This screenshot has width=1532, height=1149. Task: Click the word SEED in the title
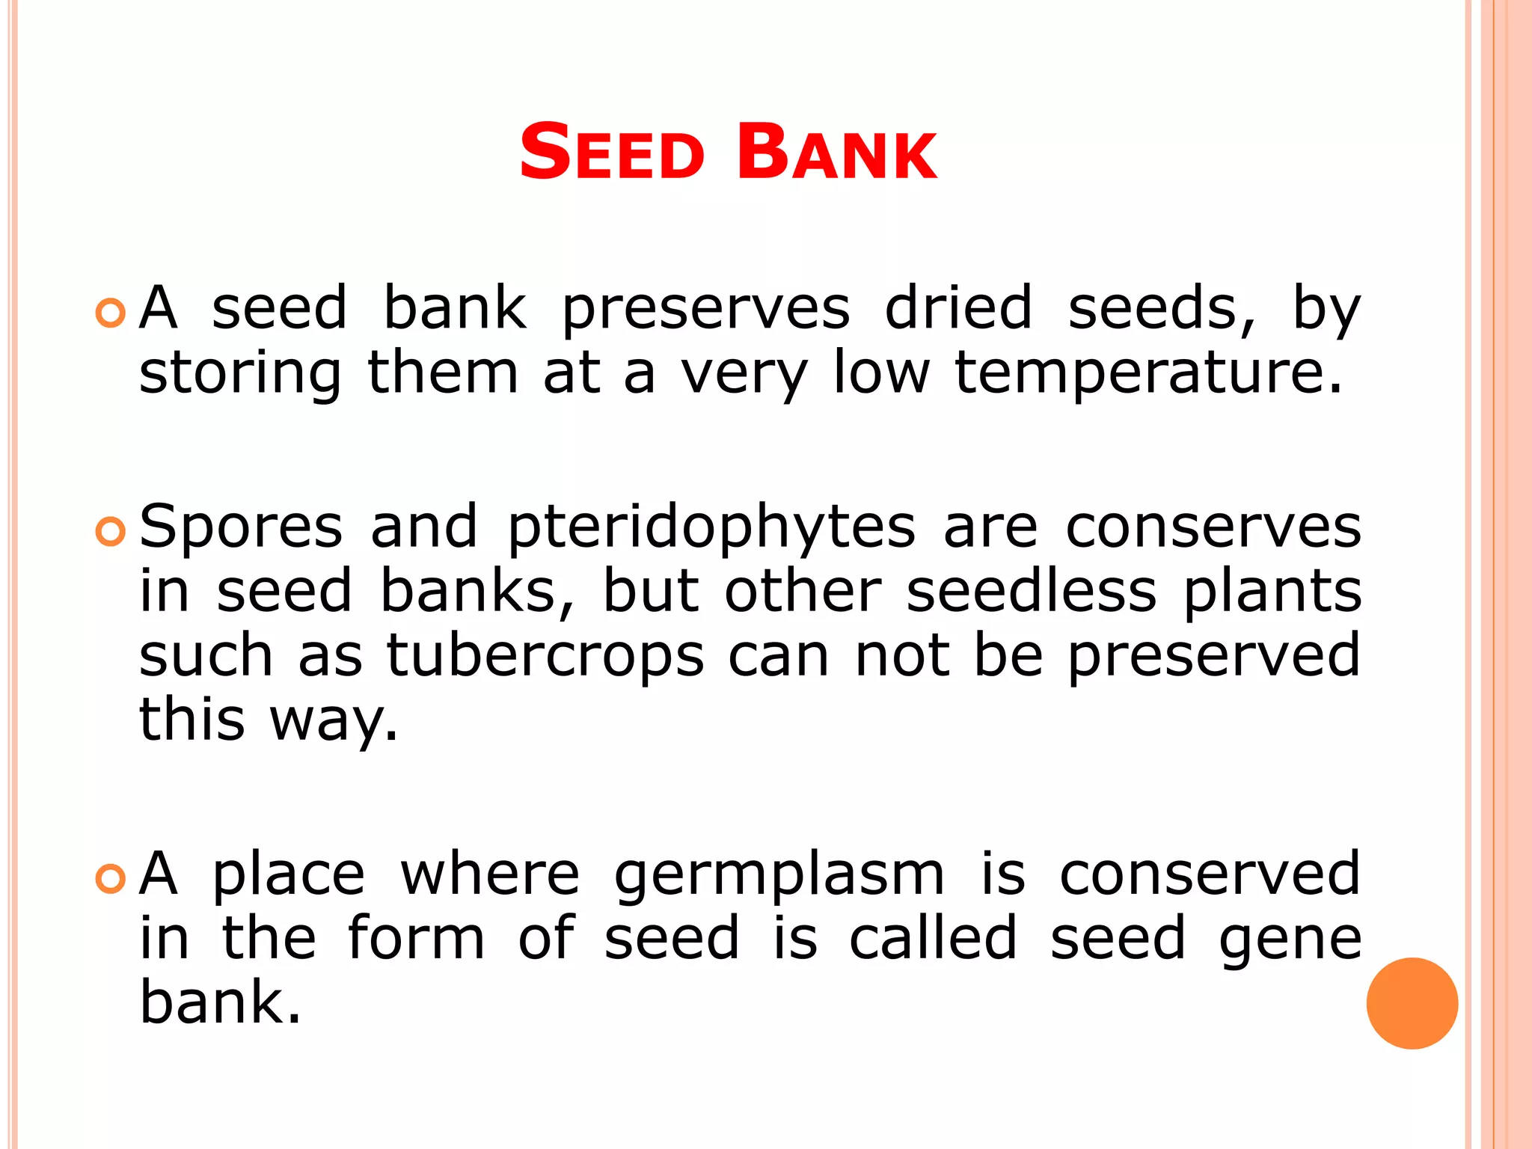click(611, 153)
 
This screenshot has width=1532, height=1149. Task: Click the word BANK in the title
click(836, 153)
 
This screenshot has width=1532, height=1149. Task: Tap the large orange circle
click(1412, 1003)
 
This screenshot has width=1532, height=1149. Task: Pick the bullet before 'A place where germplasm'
click(111, 878)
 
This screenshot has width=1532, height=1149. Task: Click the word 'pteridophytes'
click(711, 528)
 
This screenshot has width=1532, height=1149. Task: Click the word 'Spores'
click(241, 528)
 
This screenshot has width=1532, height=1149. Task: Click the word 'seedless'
click(1032, 591)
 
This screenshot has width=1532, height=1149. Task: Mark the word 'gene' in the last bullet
click(1290, 940)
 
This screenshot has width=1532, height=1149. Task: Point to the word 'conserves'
click(1213, 527)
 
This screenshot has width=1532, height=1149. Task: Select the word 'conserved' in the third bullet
click(1210, 874)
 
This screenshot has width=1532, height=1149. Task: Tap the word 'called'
click(933, 938)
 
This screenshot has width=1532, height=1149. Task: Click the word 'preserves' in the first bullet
click(705, 309)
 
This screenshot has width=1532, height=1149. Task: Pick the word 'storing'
click(240, 373)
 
